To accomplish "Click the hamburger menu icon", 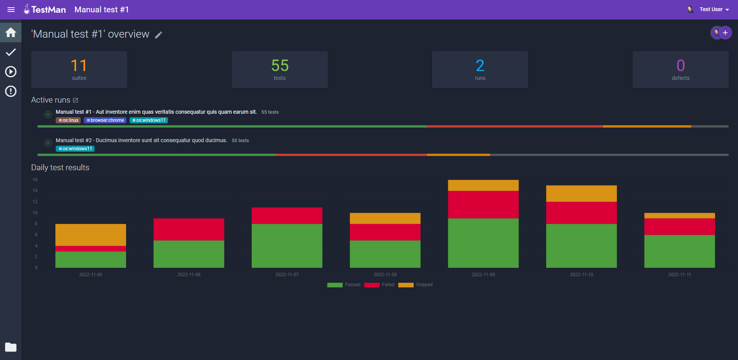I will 11,10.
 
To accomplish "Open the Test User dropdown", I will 714,10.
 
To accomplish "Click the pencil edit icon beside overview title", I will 158,35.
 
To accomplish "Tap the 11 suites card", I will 79,70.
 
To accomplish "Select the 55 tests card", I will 279,70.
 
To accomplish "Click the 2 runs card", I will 480,70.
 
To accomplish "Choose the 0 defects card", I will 680,70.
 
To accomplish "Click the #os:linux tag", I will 68,120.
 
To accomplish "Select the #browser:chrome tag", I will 105,120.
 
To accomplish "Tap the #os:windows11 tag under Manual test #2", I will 75,149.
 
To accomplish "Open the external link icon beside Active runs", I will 76,100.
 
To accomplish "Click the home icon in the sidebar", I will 11,32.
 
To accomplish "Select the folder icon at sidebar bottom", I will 11,347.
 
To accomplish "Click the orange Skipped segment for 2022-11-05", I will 91,235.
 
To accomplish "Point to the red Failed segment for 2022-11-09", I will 483,204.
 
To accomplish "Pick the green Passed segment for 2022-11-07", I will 287,246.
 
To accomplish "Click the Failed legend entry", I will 379,285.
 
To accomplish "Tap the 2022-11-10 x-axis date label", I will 581,275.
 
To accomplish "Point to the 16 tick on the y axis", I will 35,180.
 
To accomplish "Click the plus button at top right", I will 725,33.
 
